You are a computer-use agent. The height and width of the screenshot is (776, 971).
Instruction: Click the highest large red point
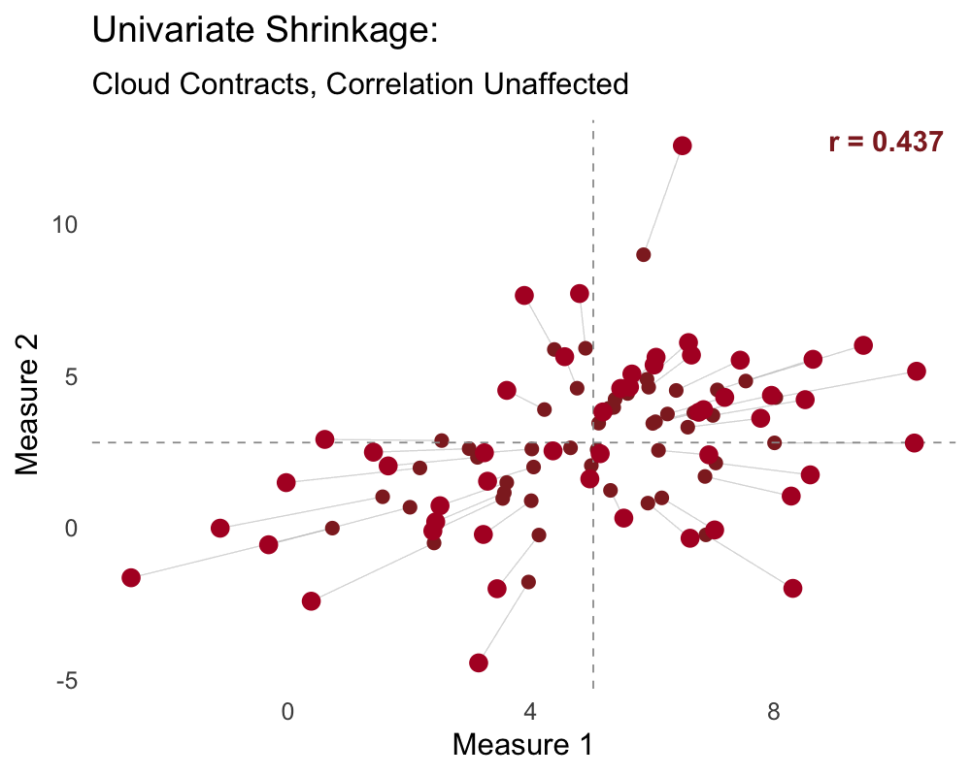point(682,145)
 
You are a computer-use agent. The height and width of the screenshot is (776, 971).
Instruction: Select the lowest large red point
point(478,663)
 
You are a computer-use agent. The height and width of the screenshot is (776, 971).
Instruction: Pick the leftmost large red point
point(131,577)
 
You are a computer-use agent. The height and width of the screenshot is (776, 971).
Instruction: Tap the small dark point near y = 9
point(643,254)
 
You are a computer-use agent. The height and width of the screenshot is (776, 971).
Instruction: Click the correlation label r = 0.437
point(886,143)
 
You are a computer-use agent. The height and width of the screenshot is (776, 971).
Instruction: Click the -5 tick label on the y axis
point(66,681)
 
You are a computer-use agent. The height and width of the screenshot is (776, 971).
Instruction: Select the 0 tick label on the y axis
point(70,529)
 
